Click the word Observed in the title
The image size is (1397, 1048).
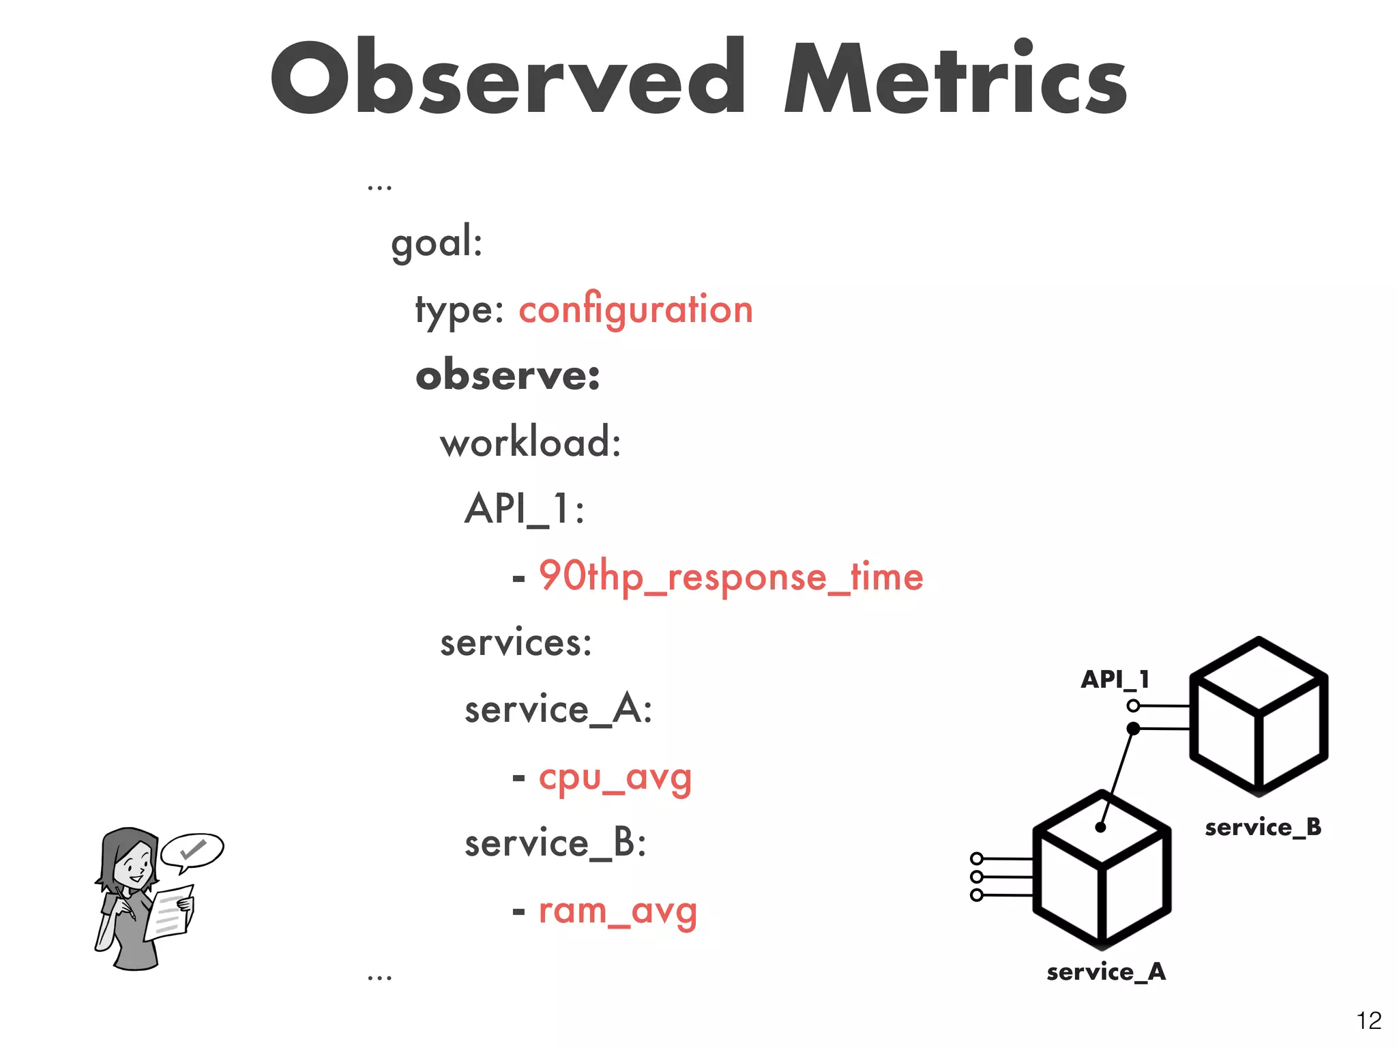[508, 78]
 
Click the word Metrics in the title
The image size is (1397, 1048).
[955, 78]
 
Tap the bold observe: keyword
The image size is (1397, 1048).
[508, 376]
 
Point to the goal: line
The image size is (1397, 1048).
[437, 242]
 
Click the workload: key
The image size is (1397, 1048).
[530, 443]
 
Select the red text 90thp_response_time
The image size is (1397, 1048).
[731, 577]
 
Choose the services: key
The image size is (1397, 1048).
[516, 643]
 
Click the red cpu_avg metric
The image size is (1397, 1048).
[615, 778]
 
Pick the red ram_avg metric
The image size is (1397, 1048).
[618, 912]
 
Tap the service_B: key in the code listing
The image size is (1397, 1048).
[555, 843]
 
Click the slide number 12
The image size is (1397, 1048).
[1368, 1021]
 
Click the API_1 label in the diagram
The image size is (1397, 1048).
[1115, 680]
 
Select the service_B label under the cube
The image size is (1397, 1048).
[1263, 828]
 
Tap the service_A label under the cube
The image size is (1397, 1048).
[1106, 972]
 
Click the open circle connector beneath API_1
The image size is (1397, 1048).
[1133, 705]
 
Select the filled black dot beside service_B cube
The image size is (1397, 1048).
[1133, 729]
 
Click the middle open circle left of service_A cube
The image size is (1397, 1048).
[977, 877]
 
